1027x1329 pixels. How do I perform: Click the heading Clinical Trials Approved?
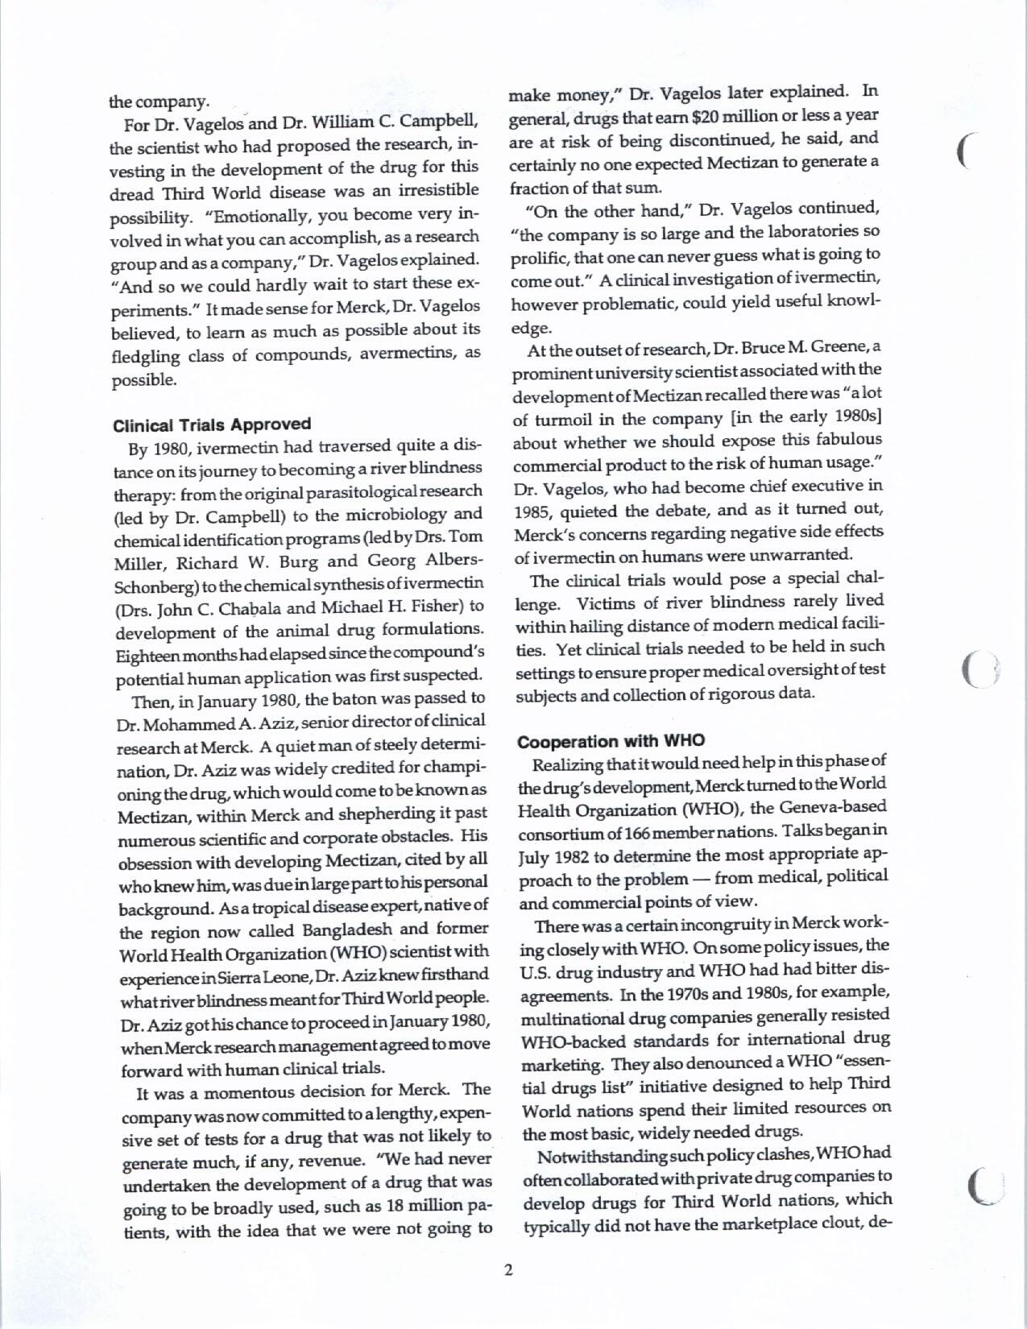click(x=211, y=424)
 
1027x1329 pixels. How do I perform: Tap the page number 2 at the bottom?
click(x=508, y=1272)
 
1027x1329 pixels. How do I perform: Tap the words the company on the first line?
click(x=159, y=101)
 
